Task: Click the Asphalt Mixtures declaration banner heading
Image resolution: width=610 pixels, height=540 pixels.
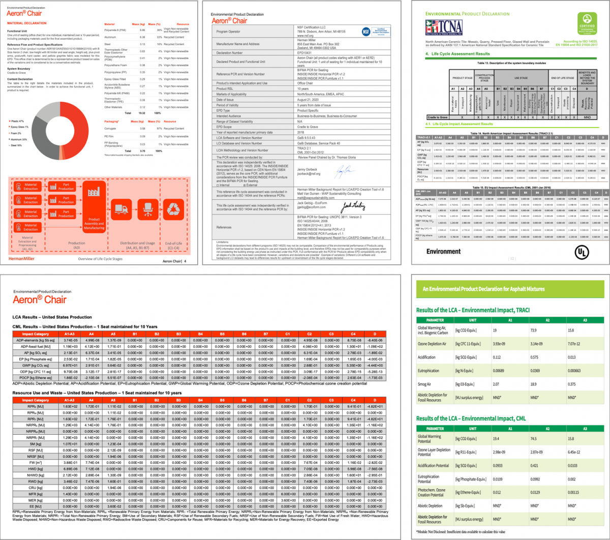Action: [x=483, y=289]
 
